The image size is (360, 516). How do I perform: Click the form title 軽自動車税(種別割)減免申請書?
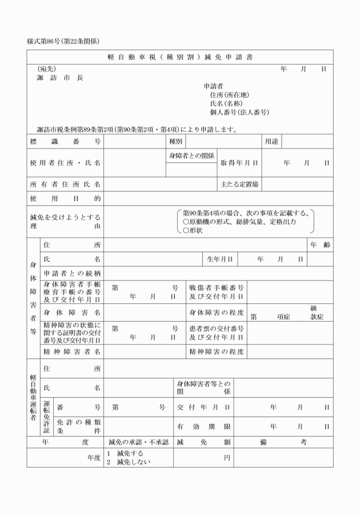pyautogui.click(x=180, y=57)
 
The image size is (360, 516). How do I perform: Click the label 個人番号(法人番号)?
pyautogui.click(x=239, y=112)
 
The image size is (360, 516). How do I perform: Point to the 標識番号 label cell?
pyautogui.click(x=65, y=141)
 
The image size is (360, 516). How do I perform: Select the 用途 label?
pyautogui.click(x=271, y=141)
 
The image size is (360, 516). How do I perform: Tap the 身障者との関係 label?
pyautogui.click(x=191, y=155)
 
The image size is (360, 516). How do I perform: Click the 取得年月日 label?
pyautogui.click(x=239, y=163)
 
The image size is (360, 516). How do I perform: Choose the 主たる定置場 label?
pyautogui.click(x=239, y=184)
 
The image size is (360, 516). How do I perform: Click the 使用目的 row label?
pyautogui.click(x=65, y=198)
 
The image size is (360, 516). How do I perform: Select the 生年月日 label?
pyautogui.click(x=219, y=259)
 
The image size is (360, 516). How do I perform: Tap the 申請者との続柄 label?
pyautogui.click(x=72, y=273)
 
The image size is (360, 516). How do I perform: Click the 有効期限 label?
pyautogui.click(x=203, y=426)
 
